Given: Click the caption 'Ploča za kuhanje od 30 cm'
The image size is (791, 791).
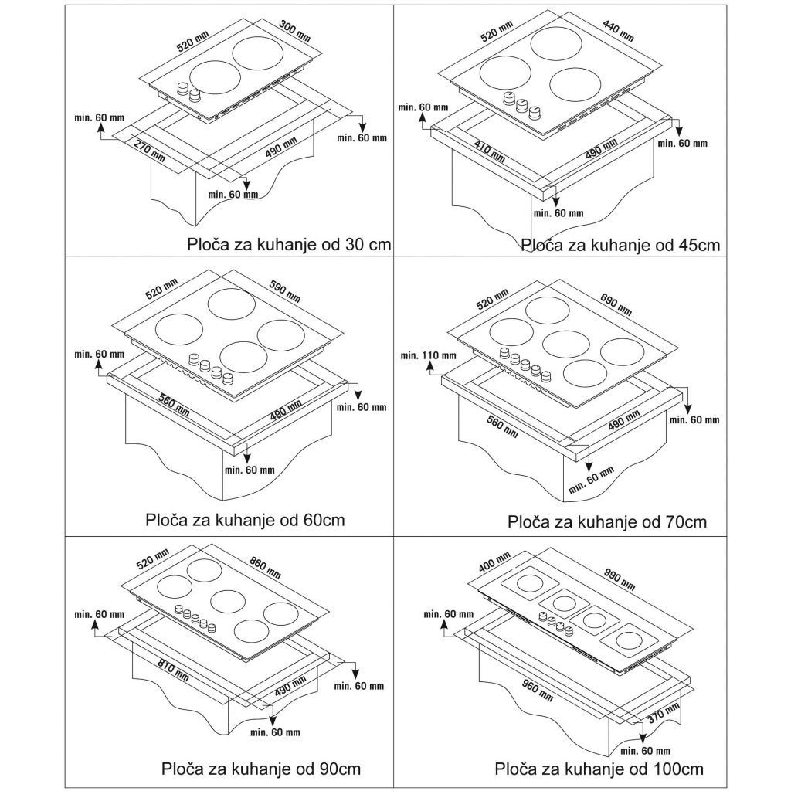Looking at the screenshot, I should pos(290,245).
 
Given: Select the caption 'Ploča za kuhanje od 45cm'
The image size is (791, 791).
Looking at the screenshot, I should pos(620,246).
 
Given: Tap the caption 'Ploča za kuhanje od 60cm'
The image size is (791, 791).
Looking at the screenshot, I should pos(245,519).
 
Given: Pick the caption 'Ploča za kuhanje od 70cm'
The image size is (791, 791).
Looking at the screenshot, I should pos(607,521).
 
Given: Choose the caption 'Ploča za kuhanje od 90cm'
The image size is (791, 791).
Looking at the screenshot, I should pos(261,769).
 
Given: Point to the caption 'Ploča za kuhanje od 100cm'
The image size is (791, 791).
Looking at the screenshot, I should pos(599,769).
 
